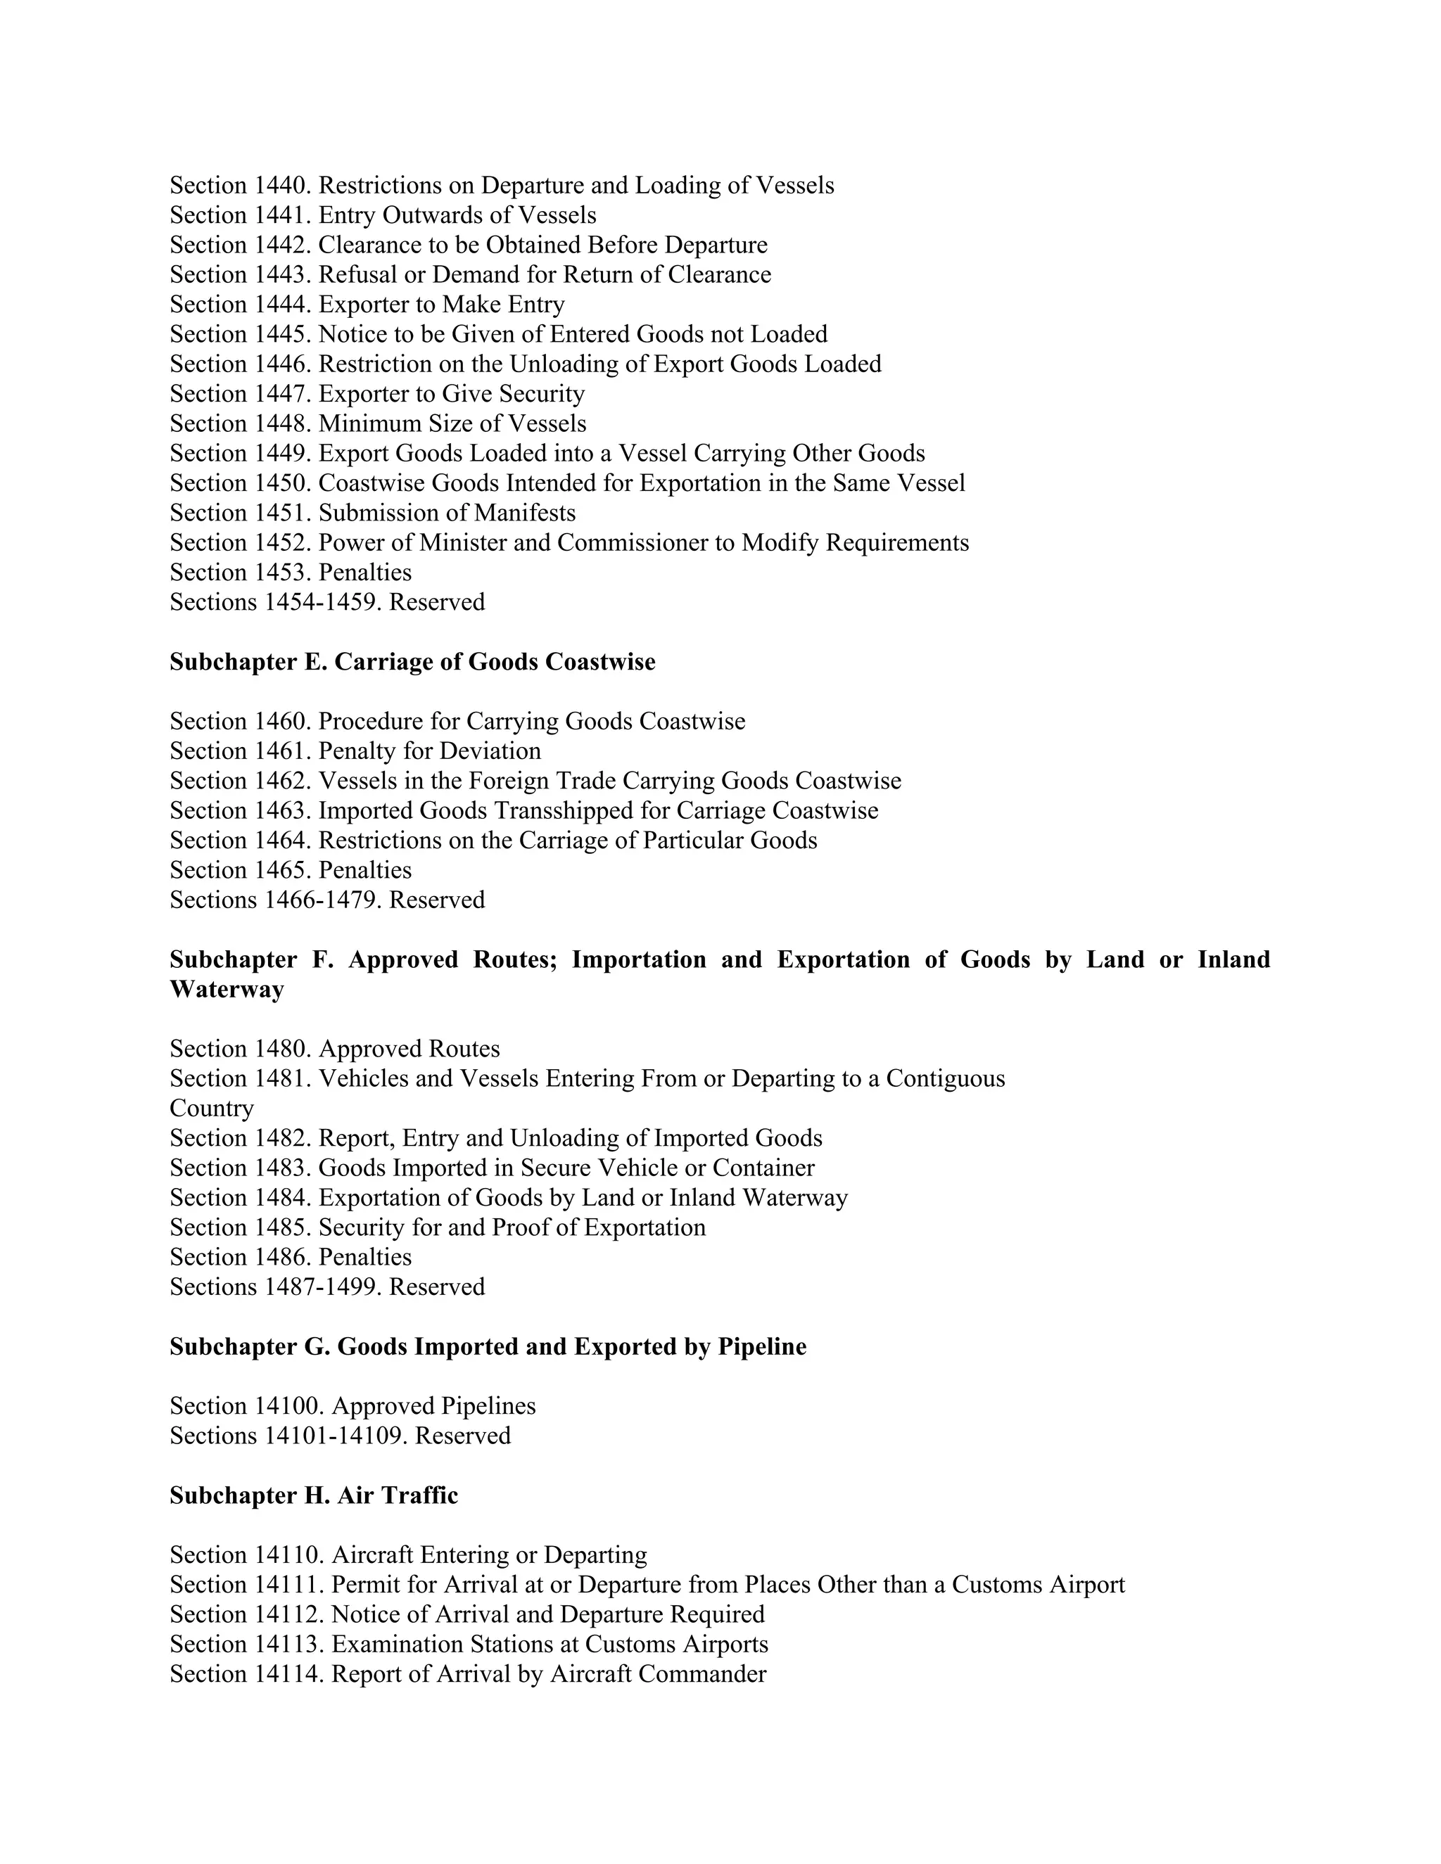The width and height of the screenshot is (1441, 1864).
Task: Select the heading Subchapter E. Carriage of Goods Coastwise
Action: pyautogui.click(x=412, y=663)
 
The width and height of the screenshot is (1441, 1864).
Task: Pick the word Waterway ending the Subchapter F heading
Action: pyautogui.click(x=227, y=990)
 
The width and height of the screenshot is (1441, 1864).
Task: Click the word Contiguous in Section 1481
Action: pyautogui.click(x=945, y=1079)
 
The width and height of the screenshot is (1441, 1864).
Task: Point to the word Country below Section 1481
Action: pyautogui.click(x=212, y=1109)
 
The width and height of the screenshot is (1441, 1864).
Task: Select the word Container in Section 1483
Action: pyautogui.click(x=763, y=1168)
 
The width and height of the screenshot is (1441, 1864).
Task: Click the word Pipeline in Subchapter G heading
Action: pyautogui.click(x=761, y=1347)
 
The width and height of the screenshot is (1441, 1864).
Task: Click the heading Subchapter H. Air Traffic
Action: pyautogui.click(x=313, y=1496)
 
